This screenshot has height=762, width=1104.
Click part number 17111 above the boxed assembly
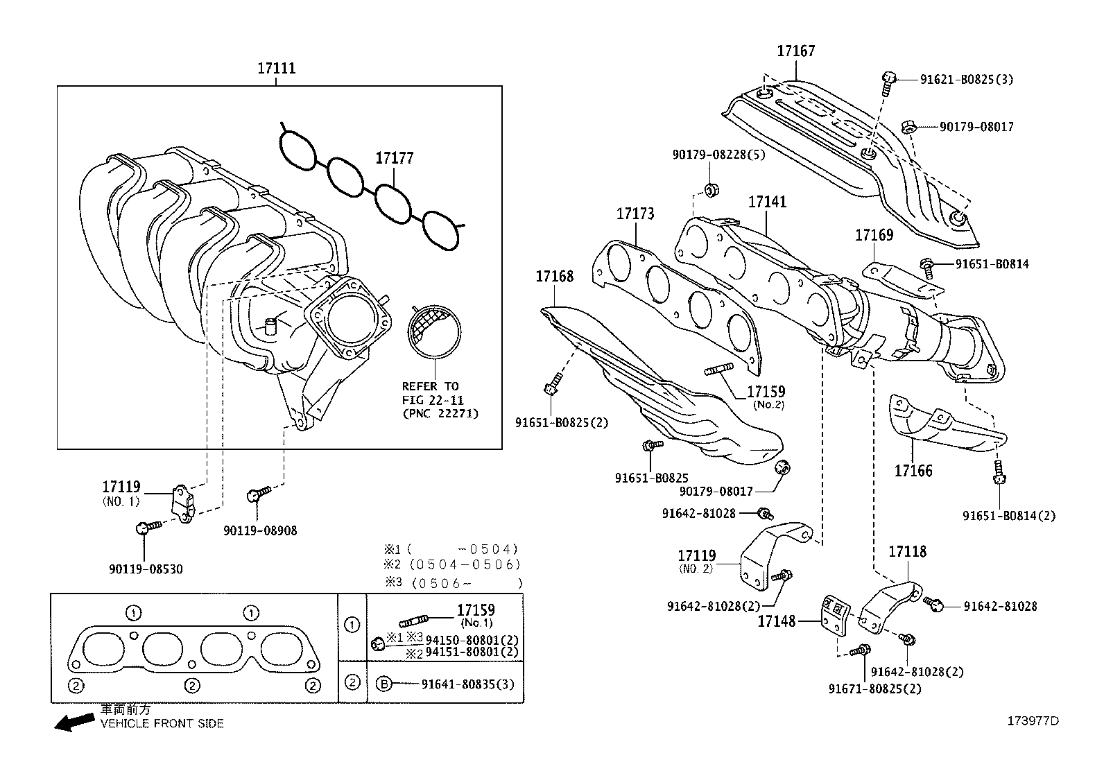click(276, 68)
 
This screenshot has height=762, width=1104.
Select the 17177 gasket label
click(394, 158)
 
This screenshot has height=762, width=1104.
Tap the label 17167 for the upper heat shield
click(795, 51)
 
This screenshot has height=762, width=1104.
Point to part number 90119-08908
click(260, 530)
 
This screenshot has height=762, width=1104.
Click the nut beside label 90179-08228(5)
click(710, 190)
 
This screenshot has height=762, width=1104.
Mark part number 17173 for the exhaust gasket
click(635, 214)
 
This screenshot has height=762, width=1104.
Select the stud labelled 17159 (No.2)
click(718, 372)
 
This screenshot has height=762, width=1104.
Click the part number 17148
click(776, 621)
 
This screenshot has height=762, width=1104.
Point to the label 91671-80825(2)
click(875, 689)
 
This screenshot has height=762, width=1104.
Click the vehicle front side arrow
click(74, 722)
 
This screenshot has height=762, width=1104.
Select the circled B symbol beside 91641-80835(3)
click(383, 684)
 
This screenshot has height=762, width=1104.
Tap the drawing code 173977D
click(1033, 720)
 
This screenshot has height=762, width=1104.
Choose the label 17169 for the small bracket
click(874, 234)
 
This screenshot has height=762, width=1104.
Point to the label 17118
click(907, 552)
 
